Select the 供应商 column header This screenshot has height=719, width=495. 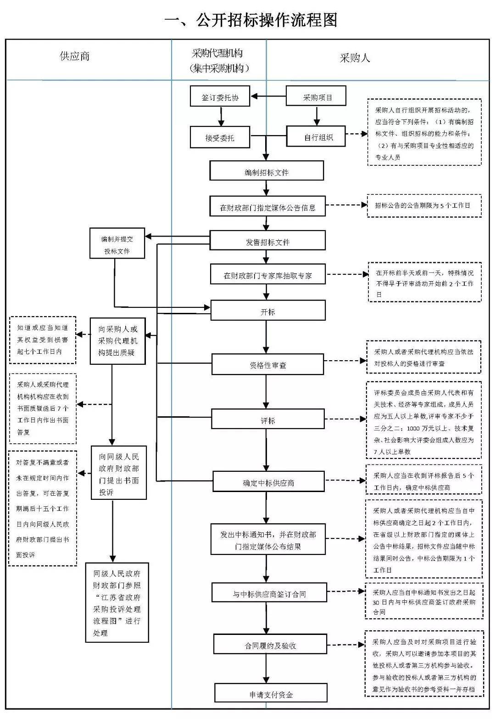pyautogui.click(x=74, y=56)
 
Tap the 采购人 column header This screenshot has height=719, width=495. pyautogui.click(x=355, y=58)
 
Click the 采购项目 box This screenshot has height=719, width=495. pyautogui.click(x=316, y=96)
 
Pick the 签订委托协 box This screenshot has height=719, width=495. pyautogui.click(x=220, y=96)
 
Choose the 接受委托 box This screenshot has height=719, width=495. pyautogui.click(x=220, y=137)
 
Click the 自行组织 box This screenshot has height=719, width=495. pyautogui.click(x=316, y=136)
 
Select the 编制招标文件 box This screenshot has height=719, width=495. pyautogui.click(x=267, y=171)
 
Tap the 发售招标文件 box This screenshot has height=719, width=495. pyautogui.click(x=267, y=240)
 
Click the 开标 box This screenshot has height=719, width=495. pyautogui.click(x=268, y=310)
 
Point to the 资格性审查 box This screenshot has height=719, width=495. pyautogui.click(x=267, y=364)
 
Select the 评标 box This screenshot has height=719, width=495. pyautogui.click(x=268, y=419)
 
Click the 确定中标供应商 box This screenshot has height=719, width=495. pyautogui.click(x=268, y=481)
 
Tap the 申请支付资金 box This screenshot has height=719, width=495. pyautogui.click(x=271, y=693)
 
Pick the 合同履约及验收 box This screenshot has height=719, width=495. pyautogui.click(x=270, y=644)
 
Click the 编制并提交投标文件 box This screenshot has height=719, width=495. pyautogui.click(x=117, y=243)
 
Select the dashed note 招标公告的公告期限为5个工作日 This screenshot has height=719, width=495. pyautogui.click(x=424, y=206)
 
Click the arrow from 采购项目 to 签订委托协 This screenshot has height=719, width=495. pyautogui.click(x=268, y=96)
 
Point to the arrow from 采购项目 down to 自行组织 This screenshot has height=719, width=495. pyautogui.click(x=317, y=116)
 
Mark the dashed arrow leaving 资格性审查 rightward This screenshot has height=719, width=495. pyautogui.click(x=345, y=361)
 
